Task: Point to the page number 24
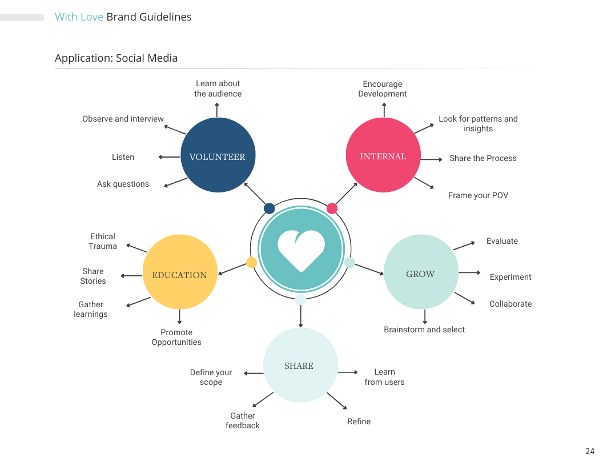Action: tap(590, 451)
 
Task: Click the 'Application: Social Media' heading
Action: tap(116, 58)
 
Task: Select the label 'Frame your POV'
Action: tap(478, 195)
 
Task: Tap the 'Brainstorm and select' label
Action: tap(424, 330)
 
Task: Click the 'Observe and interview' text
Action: tap(123, 119)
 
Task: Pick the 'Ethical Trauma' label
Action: tap(103, 241)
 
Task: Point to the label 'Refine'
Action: tap(359, 421)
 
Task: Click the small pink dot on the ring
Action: tap(332, 208)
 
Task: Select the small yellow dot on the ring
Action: tap(251, 262)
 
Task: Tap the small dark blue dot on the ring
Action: tap(270, 208)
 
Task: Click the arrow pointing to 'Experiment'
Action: tap(470, 272)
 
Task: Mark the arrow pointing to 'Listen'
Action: tap(169, 157)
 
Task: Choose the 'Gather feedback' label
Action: tap(243, 420)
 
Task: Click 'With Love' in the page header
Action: tap(79, 17)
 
